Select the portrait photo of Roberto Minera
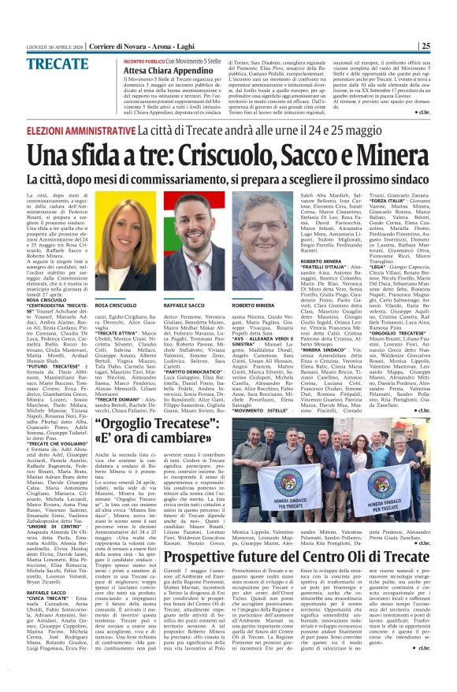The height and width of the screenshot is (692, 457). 263,243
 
